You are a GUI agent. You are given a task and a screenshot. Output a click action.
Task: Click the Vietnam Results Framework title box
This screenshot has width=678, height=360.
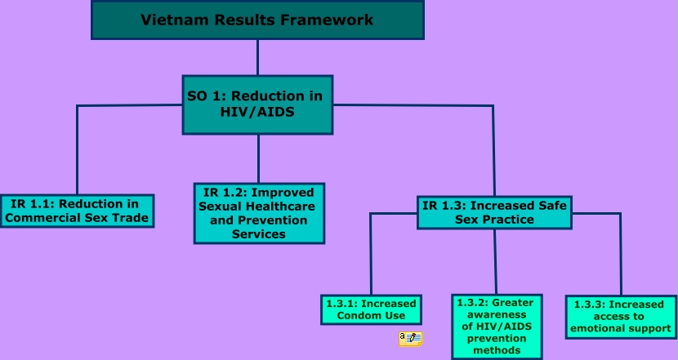click(257, 20)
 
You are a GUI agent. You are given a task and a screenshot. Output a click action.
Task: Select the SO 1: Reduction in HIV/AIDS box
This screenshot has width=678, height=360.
click(257, 104)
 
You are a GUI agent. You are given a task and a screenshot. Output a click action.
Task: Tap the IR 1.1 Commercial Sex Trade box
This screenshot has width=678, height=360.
click(77, 211)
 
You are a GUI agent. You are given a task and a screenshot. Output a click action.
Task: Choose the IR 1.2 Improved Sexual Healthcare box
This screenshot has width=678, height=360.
click(258, 212)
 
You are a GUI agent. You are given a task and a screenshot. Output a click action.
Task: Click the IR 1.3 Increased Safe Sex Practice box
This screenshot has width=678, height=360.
click(494, 212)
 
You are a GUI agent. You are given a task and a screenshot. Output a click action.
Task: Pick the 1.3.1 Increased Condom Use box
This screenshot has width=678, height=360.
click(371, 310)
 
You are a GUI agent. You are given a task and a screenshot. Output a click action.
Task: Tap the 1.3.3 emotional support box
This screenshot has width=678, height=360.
click(621, 317)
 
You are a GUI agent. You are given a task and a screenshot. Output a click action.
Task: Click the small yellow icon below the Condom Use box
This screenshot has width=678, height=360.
click(410, 338)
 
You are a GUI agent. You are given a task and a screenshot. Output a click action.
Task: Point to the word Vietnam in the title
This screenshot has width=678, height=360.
click(168, 20)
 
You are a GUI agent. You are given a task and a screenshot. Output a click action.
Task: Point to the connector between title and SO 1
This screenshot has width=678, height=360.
click(257, 57)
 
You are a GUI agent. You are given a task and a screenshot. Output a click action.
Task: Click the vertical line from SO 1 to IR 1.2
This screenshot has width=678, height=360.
click(258, 158)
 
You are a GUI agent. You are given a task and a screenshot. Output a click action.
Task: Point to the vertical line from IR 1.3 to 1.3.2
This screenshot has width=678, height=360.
click(495, 261)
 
